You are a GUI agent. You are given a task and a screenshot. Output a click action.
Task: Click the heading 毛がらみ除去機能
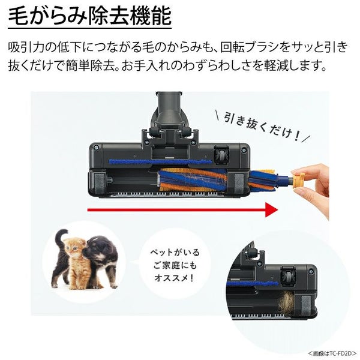tap(90, 16)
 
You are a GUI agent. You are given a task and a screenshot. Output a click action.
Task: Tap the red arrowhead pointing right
tap(272, 209)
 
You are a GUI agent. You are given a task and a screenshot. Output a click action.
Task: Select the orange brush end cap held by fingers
tap(298, 181)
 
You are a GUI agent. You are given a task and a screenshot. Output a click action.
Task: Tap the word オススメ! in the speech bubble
tap(174, 278)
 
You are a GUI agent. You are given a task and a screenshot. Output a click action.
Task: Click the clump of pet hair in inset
tap(286, 303)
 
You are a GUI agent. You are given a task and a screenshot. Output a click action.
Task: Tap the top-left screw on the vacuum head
tap(96, 148)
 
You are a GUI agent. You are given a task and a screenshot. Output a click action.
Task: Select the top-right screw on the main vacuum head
tap(244, 150)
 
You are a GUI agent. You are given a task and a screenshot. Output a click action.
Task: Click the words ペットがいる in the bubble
tap(175, 253)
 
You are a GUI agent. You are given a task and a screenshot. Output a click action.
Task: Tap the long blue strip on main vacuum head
tap(160, 163)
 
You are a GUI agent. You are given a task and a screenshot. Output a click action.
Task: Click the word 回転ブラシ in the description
tap(251, 47)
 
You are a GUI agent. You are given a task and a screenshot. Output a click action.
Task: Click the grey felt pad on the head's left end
tap(99, 183)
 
